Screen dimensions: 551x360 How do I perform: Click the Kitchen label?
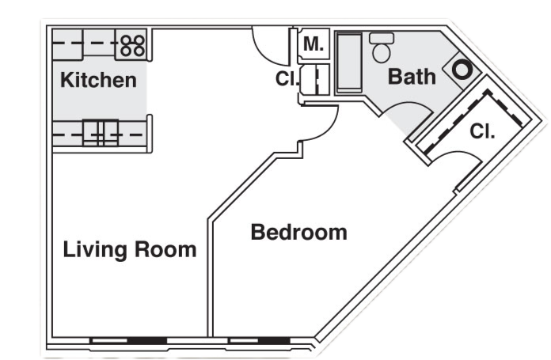pyautogui.click(x=98, y=80)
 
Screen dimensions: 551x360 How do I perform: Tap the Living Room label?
pyautogui.click(x=130, y=250)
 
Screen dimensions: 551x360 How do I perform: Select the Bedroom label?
pyautogui.click(x=299, y=232)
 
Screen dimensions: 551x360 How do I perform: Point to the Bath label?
pyautogui.click(x=412, y=77)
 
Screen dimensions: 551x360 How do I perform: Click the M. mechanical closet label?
pyautogui.click(x=313, y=44)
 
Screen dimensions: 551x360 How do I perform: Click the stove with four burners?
pyautogui.click(x=132, y=45)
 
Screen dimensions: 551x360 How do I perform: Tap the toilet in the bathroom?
pyautogui.click(x=382, y=47)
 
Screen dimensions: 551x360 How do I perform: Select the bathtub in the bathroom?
pyautogui.click(x=349, y=63)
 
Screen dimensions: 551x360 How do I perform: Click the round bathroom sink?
pyautogui.click(x=461, y=70)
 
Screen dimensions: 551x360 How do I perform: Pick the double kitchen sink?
pyautogui.click(x=101, y=133)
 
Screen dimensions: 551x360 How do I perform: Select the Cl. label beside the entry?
pyautogui.click(x=287, y=78)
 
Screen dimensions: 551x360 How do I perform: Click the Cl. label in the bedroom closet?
pyautogui.click(x=482, y=131)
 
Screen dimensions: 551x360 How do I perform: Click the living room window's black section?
pyautogui.click(x=147, y=341)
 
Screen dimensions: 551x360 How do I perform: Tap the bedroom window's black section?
pyautogui.click(x=274, y=341)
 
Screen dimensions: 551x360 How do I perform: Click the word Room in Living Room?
pyautogui.click(x=165, y=249)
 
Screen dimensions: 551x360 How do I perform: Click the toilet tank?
pyautogui.click(x=382, y=38)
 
